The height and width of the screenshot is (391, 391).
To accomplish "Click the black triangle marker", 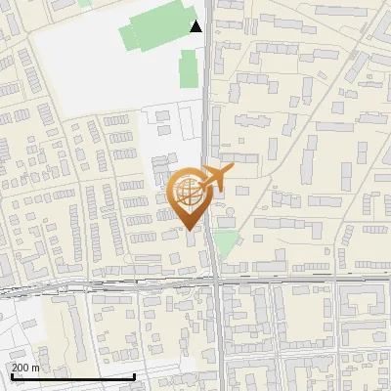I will pos(196,26).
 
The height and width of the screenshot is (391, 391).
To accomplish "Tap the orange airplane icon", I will pos(216,179).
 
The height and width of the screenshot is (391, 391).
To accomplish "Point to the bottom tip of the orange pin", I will pos(190,231).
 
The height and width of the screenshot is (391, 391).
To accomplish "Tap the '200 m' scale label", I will pos(25,368).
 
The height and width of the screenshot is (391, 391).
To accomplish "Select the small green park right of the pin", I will pos(226,243).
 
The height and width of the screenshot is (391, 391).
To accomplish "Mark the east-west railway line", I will pos(98,286).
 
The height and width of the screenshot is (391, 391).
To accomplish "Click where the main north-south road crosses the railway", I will pos(215,282).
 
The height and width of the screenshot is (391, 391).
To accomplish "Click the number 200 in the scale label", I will pos(21,368).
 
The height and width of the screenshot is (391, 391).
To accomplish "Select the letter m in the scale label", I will pos(36,368).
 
